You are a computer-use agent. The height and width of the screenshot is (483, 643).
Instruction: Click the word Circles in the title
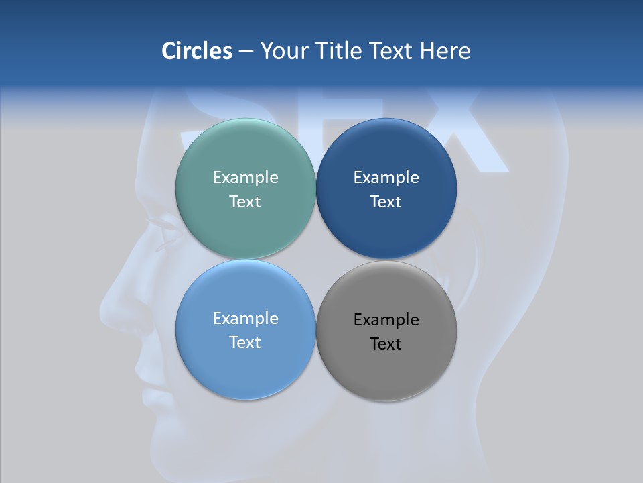[196, 51]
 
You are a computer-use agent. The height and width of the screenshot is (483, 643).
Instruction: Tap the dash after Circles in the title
[246, 51]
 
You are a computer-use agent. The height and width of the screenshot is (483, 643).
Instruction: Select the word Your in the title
[284, 51]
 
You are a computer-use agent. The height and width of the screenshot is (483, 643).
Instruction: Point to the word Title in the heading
[338, 51]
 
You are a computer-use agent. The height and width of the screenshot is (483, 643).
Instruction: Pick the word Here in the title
[445, 51]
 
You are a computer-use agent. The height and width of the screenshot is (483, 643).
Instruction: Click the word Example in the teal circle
[245, 177]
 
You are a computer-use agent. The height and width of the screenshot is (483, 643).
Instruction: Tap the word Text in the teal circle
[245, 201]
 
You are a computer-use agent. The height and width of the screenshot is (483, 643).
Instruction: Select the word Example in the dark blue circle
[386, 177]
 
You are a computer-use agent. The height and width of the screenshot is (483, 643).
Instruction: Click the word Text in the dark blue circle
[386, 201]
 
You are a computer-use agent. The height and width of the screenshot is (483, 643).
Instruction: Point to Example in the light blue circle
[245, 318]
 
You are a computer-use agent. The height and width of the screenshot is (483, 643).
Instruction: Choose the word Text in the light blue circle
[245, 342]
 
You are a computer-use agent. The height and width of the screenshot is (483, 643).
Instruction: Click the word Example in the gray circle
[386, 319]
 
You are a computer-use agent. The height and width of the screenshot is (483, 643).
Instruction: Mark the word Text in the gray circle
[386, 343]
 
